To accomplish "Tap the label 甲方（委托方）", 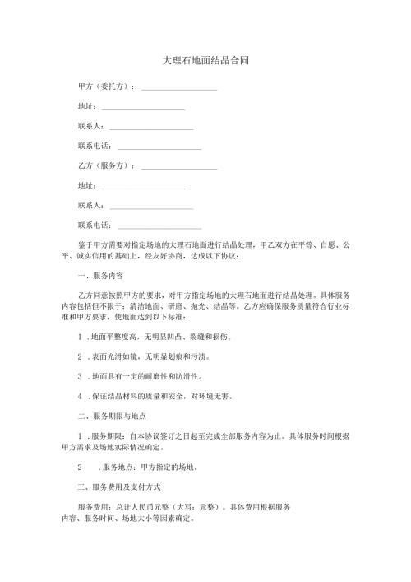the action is (x=106, y=86).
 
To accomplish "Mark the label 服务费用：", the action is (x=96, y=507).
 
